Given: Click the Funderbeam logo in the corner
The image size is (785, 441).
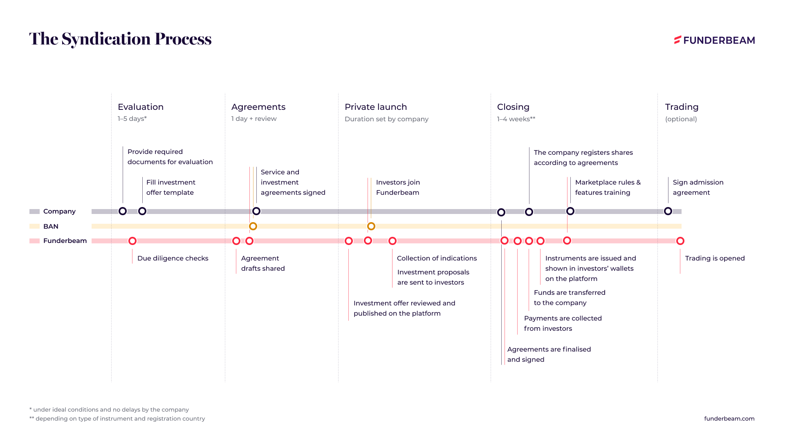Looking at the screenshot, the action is pyautogui.click(x=714, y=40).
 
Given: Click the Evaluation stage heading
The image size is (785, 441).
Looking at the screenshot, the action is pyautogui.click(x=141, y=107).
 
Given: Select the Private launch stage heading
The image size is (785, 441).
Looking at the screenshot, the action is pyautogui.click(x=376, y=107).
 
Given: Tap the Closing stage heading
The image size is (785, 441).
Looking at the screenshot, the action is pyautogui.click(x=513, y=107).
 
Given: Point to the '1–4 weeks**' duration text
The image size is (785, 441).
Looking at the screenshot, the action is pyautogui.click(x=516, y=119).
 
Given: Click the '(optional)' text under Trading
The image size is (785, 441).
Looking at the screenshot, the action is pyautogui.click(x=681, y=119).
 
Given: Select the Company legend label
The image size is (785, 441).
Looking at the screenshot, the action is pyautogui.click(x=59, y=211).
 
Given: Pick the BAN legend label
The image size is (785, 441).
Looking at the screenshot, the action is pyautogui.click(x=51, y=226).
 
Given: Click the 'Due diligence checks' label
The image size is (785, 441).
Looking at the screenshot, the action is pyautogui.click(x=173, y=258).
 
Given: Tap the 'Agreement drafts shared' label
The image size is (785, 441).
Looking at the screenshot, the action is pyautogui.click(x=263, y=263).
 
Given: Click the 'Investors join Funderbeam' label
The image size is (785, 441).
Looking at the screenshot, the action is pyautogui.click(x=398, y=187).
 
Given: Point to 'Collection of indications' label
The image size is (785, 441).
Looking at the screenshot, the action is pyautogui.click(x=437, y=258).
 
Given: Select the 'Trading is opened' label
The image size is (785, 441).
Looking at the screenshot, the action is pyautogui.click(x=715, y=258).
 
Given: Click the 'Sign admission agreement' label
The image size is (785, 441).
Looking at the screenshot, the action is pyautogui.click(x=698, y=187).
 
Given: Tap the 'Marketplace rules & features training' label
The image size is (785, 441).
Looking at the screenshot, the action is pyautogui.click(x=608, y=187).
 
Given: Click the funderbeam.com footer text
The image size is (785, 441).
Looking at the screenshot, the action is pyautogui.click(x=729, y=419).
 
